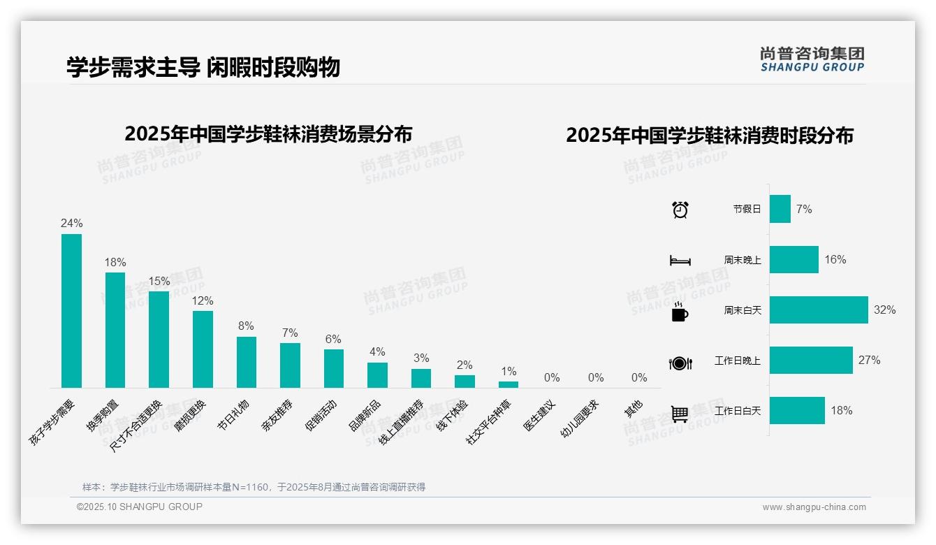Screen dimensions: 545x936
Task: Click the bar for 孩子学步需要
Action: point(71,311)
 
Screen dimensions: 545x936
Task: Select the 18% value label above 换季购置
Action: point(115,263)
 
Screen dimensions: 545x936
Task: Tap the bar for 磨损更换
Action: point(203,349)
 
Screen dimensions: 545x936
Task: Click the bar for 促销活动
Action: point(333,368)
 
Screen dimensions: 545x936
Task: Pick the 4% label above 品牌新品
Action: point(377,352)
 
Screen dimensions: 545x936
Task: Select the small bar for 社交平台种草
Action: point(509,384)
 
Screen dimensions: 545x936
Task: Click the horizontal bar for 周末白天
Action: point(819,310)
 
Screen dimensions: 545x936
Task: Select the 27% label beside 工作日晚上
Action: point(870,361)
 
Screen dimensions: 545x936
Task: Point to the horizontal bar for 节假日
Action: point(780,209)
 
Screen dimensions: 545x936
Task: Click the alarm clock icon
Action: point(680,210)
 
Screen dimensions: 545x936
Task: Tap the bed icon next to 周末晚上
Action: point(680,261)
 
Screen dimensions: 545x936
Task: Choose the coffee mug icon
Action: point(680,312)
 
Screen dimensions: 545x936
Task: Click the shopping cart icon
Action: point(680,414)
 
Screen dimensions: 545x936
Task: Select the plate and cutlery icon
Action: point(680,363)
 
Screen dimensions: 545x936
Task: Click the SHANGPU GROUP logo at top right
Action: point(812,59)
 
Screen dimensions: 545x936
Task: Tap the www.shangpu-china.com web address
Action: point(814,507)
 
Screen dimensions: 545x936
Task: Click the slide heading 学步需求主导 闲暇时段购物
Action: point(203,67)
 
